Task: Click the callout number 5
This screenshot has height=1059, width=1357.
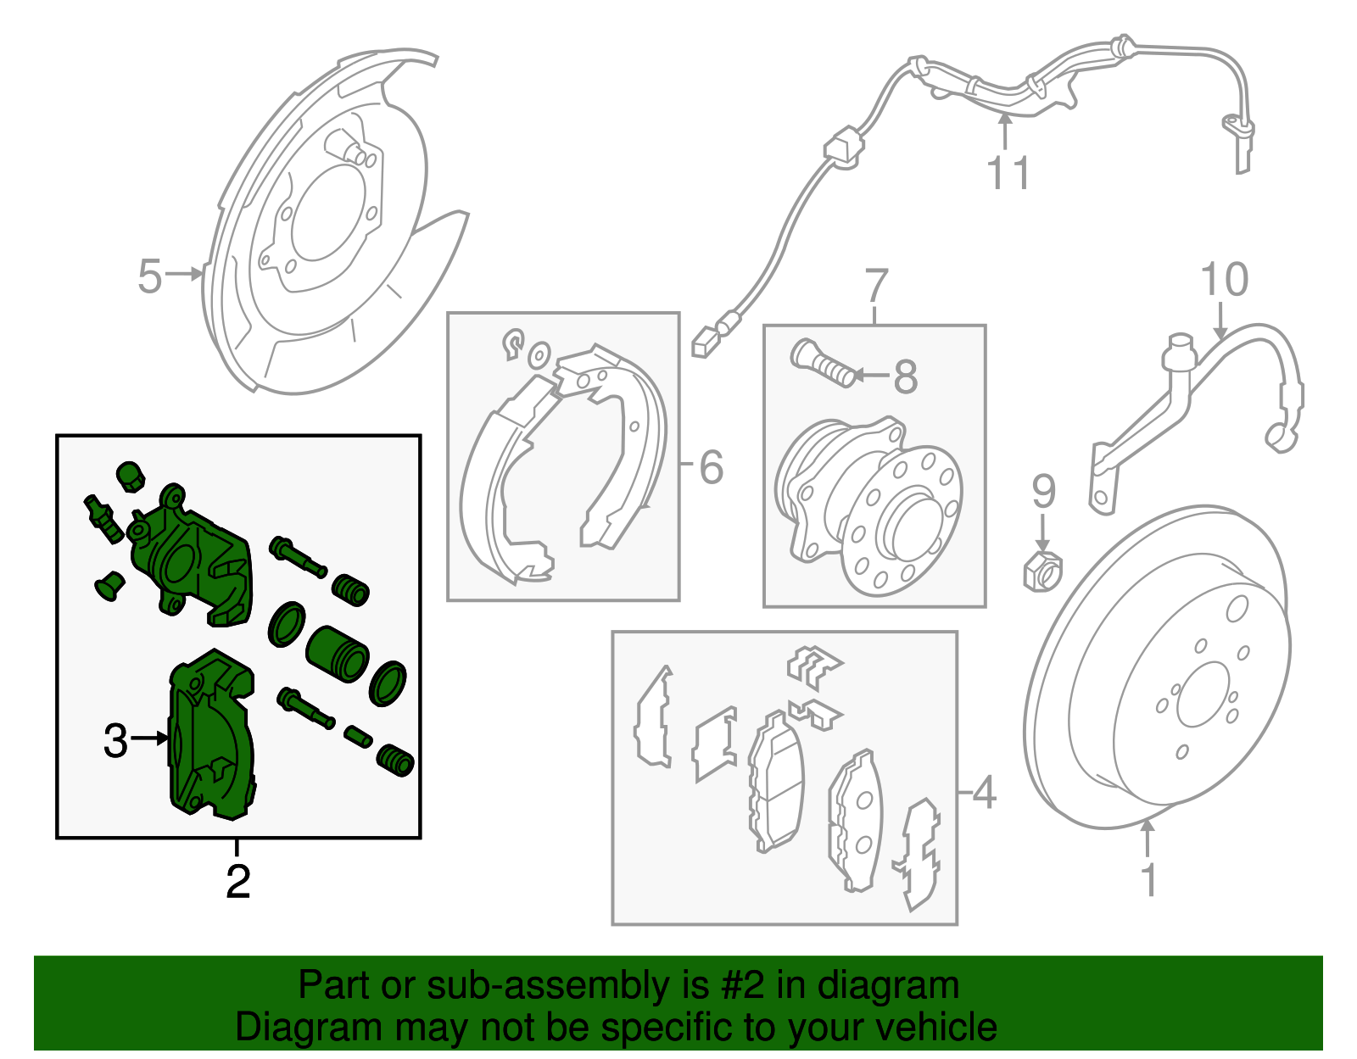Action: click(149, 276)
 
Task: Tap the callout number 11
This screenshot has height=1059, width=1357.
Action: click(1008, 173)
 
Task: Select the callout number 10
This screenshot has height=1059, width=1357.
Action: click(1224, 280)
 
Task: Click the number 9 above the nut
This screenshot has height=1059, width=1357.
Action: click(1043, 492)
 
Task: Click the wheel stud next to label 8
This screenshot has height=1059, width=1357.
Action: click(824, 362)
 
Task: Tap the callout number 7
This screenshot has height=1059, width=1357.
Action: click(877, 287)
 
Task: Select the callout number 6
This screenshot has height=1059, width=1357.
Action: click(711, 467)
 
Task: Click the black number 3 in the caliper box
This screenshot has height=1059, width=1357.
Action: click(114, 740)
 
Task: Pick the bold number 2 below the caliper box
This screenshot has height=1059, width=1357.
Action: click(238, 882)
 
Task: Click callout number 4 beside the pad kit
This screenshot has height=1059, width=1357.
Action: click(983, 794)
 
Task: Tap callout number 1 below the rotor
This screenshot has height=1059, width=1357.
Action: click(1148, 880)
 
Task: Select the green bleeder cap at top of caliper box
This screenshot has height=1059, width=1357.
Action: click(129, 477)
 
